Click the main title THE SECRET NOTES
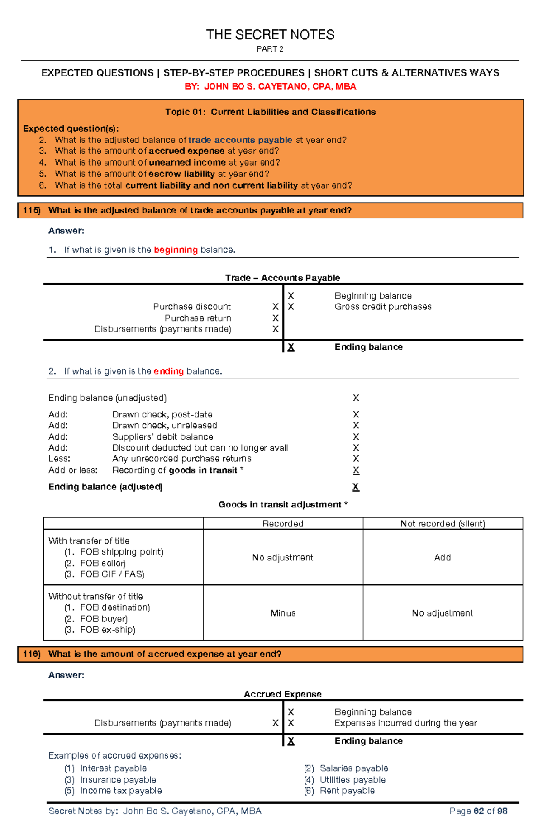(270, 35)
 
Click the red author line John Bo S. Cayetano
(270, 86)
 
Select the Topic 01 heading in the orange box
(270, 112)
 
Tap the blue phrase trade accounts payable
(240, 140)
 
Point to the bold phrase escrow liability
(181, 174)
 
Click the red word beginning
(176, 250)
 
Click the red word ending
(168, 371)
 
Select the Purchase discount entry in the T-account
(192, 307)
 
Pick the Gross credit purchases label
(383, 307)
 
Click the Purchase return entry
(198, 318)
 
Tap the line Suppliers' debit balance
(162, 437)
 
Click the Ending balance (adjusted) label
(105, 487)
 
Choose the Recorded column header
(283, 524)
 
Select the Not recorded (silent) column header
(443, 524)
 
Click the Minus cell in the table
(283, 613)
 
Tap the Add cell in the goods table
(442, 558)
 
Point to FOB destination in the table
(114, 607)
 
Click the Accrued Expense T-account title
(282, 694)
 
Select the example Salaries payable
(354, 768)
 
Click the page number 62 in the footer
(478, 811)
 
